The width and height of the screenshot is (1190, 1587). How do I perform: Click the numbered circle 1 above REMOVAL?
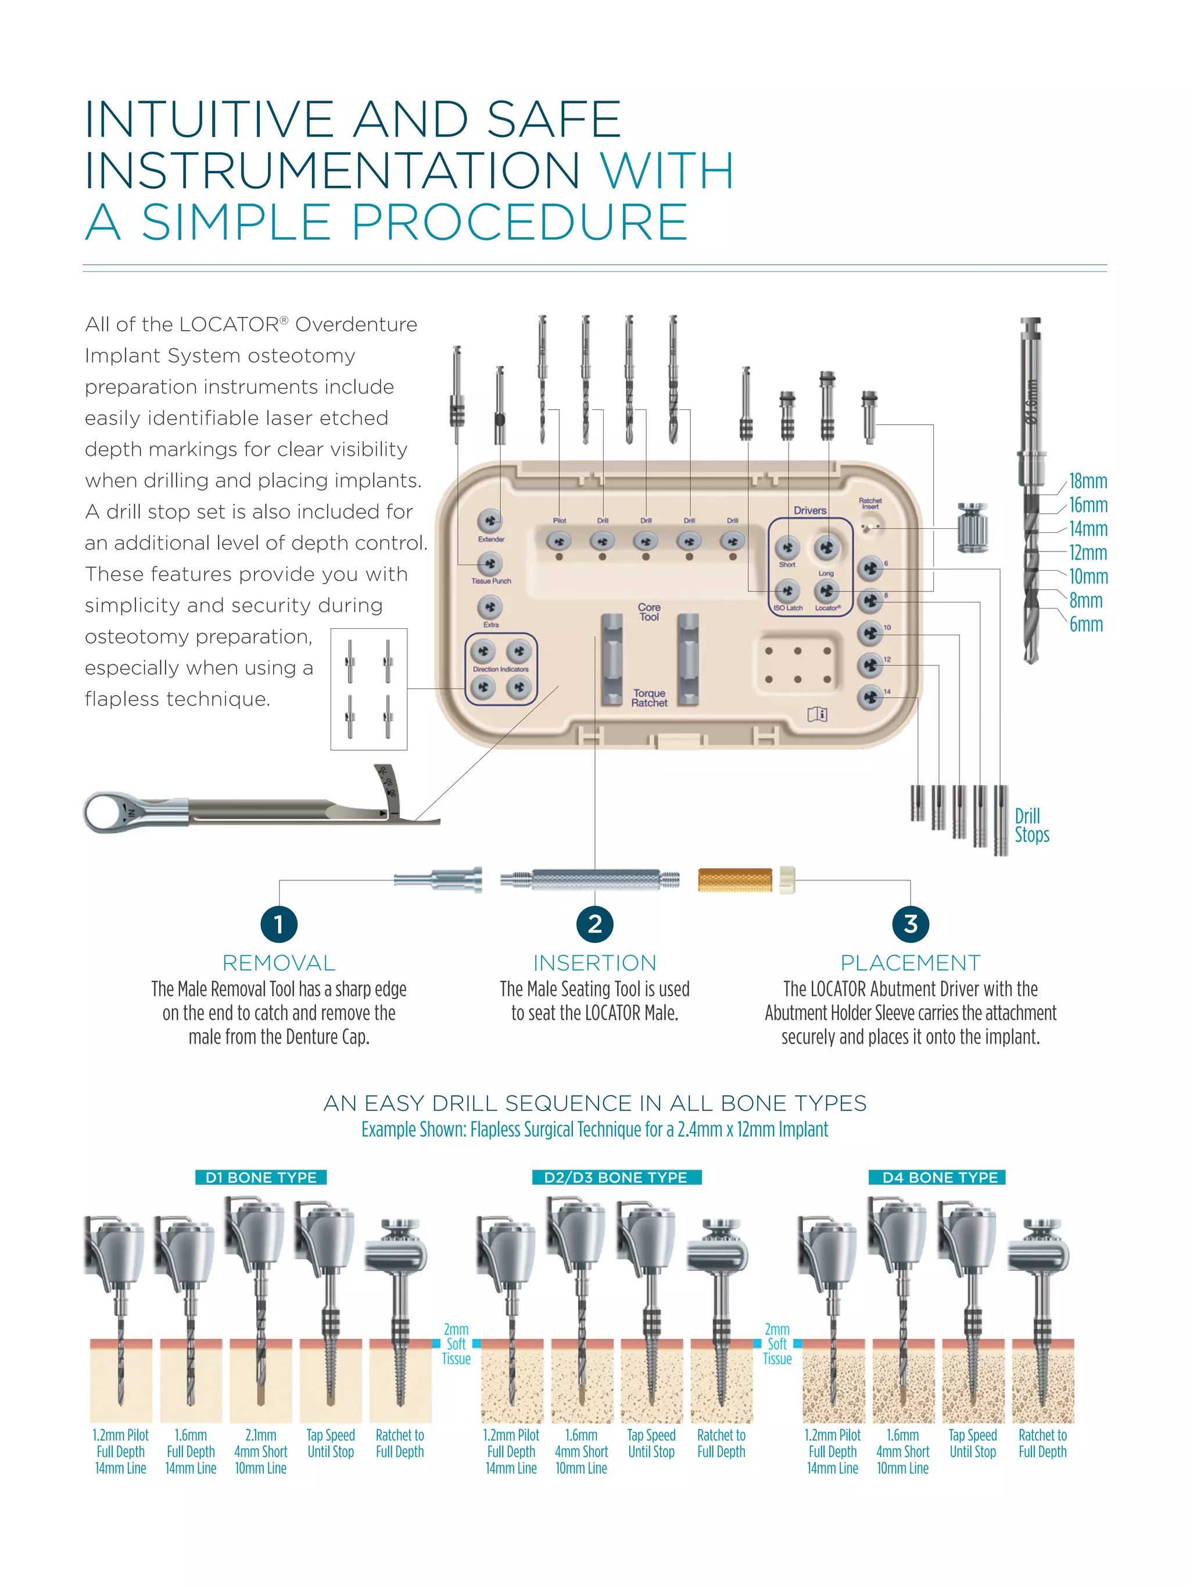[x=279, y=923]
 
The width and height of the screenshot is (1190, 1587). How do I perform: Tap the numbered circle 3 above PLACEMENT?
[x=911, y=923]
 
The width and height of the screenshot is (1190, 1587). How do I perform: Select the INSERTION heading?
[x=594, y=963]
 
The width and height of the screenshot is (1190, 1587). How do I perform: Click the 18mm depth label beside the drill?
[x=1087, y=481]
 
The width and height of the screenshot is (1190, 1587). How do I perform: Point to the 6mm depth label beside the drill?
[x=1086, y=624]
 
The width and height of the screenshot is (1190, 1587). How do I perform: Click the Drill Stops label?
[x=1031, y=825]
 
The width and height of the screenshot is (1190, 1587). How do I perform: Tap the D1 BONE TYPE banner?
[x=261, y=1177]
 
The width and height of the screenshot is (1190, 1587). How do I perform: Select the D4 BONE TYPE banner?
[x=940, y=1177]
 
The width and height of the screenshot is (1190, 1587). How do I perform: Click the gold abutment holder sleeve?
[x=735, y=880]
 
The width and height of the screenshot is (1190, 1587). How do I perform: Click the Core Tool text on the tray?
[x=649, y=612]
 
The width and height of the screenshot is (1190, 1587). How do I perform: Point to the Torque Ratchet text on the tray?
[x=649, y=698]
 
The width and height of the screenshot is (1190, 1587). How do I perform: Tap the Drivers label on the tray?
[x=810, y=510]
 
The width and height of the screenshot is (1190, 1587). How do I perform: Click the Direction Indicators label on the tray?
[x=501, y=669]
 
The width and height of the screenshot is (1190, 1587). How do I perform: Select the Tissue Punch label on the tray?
[x=492, y=581]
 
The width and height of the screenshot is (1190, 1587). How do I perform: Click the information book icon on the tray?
[x=817, y=714]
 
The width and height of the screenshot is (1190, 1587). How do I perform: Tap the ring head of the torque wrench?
[x=107, y=813]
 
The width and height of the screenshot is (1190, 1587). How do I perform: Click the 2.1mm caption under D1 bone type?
[x=260, y=1435]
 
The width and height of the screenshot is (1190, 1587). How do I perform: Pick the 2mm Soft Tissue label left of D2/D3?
[x=456, y=1344]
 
